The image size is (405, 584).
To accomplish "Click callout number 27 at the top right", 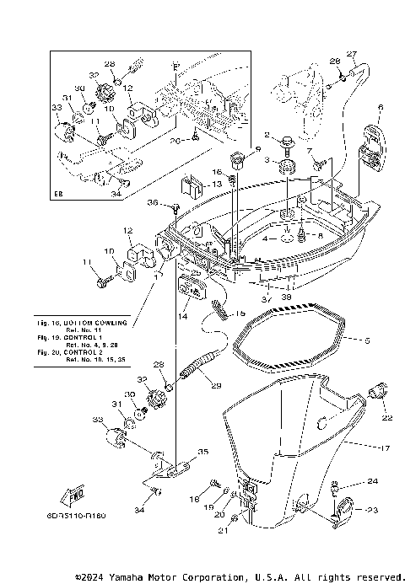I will click(x=352, y=54).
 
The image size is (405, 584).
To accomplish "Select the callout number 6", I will click(x=380, y=107).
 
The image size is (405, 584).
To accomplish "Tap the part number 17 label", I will click(x=386, y=447).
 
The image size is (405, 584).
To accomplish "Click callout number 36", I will click(x=151, y=202).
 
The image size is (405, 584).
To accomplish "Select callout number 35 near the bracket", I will click(x=202, y=453).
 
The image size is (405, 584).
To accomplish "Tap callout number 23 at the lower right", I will click(x=373, y=510).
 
